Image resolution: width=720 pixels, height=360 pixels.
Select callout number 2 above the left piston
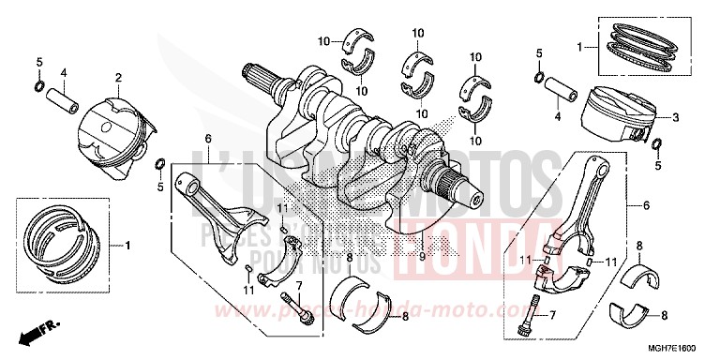pos(118,78)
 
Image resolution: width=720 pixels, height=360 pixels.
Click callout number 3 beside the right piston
pos(673,118)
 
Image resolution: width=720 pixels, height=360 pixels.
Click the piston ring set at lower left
pos(61,236)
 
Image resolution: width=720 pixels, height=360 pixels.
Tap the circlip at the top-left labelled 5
pos(38,86)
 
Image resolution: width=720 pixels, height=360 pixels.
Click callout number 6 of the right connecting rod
pos(645,204)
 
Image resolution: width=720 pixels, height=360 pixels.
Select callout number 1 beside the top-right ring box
pos(580,45)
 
